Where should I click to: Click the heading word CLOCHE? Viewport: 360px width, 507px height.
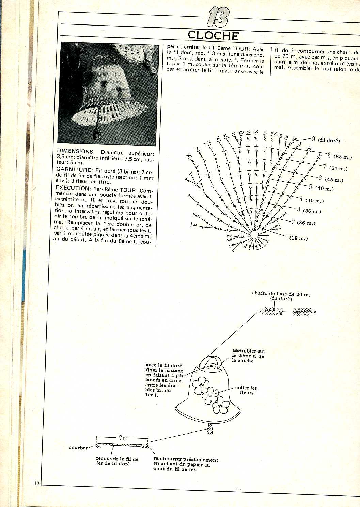pos(213,35)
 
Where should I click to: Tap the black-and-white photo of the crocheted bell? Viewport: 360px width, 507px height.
pos(108,94)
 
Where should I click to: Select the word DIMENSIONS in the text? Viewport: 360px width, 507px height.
pos(75,151)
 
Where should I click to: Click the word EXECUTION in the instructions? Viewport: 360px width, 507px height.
pos(72,188)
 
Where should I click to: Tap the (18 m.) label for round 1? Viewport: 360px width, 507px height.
pos(298,238)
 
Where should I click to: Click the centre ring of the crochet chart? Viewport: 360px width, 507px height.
pos(254,234)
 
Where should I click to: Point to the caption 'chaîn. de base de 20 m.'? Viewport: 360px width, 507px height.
pos(281,294)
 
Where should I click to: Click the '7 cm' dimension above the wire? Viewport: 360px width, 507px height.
pos(123,438)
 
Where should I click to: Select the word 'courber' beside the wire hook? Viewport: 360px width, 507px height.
pos(78,448)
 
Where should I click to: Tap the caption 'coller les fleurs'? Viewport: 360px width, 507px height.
pos(246,390)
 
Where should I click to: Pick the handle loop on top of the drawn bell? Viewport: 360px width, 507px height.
pos(211,363)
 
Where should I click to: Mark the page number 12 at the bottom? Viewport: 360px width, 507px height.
pos(37,483)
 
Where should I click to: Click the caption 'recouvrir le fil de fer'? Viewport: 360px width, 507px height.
pos(117,461)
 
